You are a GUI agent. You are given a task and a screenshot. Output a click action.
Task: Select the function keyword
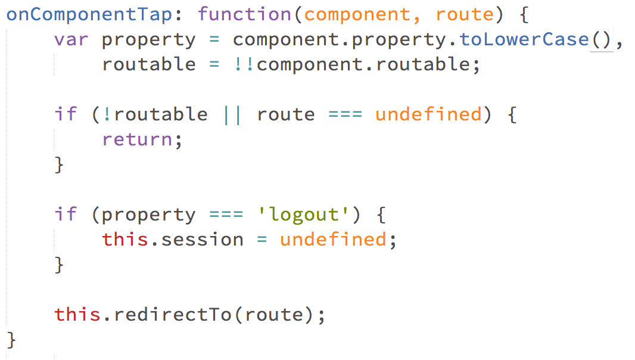pyautogui.click(x=245, y=14)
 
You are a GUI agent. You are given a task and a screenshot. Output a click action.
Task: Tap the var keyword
pyautogui.click(x=71, y=39)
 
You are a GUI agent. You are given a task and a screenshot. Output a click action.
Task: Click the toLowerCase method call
pyautogui.click(x=524, y=39)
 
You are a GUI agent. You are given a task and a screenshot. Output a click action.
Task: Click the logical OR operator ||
pyautogui.click(x=232, y=114)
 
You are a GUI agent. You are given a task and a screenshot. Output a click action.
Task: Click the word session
pyautogui.click(x=203, y=240)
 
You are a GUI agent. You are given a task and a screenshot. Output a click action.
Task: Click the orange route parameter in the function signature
pyautogui.click(x=464, y=14)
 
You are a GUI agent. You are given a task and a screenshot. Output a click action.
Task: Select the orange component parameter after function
pyautogui.click(x=357, y=14)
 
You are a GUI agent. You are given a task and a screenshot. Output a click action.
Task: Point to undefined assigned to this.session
pyautogui.click(x=333, y=240)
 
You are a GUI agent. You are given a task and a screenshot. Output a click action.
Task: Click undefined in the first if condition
pyautogui.click(x=428, y=114)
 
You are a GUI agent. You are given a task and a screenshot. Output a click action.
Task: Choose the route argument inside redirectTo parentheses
pyautogui.click(x=273, y=314)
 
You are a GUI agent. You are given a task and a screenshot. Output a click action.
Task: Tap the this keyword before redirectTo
pyautogui.click(x=77, y=314)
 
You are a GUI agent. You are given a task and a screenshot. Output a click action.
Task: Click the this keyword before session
pyautogui.click(x=125, y=240)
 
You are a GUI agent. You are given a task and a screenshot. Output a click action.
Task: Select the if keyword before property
pyautogui.click(x=66, y=214)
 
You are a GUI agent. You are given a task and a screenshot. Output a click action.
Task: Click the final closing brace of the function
pyautogui.click(x=12, y=340)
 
